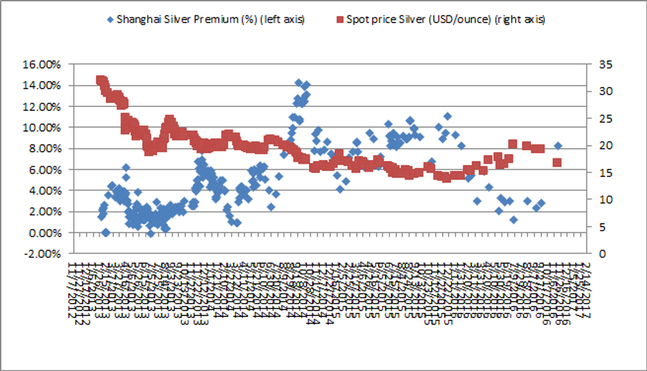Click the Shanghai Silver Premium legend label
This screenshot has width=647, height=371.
point(210,18)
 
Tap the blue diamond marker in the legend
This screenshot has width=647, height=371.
point(109,18)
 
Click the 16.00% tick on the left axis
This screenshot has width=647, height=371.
point(42,65)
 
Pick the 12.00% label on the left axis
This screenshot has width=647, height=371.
point(42,106)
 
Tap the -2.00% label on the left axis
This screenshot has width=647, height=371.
point(42,253)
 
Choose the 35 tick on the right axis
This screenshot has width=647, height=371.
point(604,65)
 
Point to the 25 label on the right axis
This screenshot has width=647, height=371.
point(604,119)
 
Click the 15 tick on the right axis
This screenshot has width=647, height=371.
point(604,173)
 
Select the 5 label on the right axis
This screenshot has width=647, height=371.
point(601,227)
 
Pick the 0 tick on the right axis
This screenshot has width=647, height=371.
point(601,253)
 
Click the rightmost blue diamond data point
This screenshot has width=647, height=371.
point(558,146)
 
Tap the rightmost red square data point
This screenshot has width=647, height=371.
point(557,162)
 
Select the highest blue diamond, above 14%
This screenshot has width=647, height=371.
point(298,83)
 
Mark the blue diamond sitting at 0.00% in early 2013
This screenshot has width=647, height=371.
point(106,232)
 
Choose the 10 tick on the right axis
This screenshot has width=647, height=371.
point(604,200)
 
